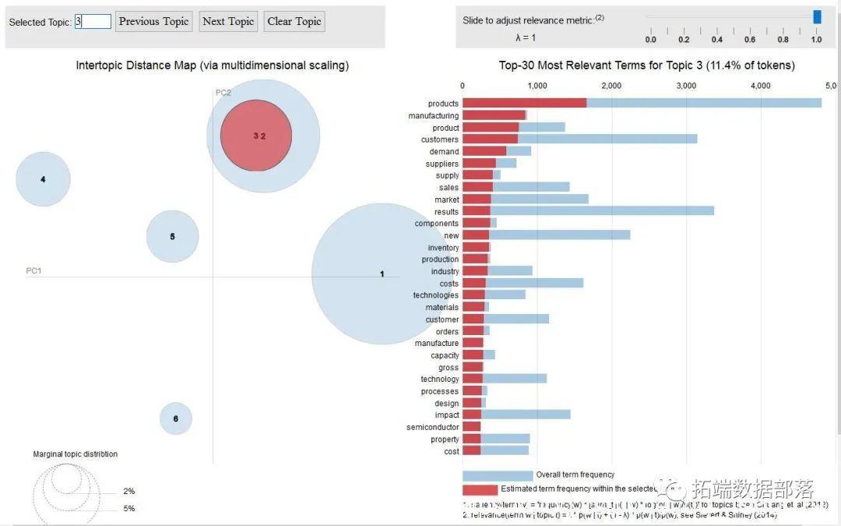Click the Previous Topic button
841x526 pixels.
(154, 22)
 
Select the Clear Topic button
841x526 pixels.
(294, 22)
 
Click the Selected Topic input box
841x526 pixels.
(93, 22)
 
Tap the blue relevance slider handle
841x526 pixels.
(817, 16)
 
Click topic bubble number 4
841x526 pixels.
(43, 179)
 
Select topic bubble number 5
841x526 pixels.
(173, 236)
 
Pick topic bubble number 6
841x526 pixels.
(176, 418)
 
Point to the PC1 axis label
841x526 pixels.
(33, 270)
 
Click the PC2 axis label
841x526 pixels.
(223, 93)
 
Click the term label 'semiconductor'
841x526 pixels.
(432, 427)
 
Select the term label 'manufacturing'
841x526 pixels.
(433, 116)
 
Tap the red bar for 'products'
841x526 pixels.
(524, 104)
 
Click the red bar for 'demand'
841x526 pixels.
(484, 151)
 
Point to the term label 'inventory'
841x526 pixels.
(443, 248)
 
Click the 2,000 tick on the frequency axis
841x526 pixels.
(611, 86)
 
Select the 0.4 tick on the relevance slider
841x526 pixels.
(717, 39)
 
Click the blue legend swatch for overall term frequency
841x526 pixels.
(498, 475)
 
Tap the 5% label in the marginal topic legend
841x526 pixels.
(128, 508)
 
